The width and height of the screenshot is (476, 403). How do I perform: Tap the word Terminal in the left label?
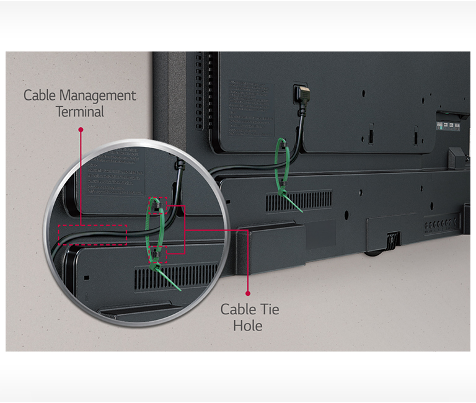tap(80, 112)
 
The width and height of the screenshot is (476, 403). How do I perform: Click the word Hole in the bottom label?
tap(248, 325)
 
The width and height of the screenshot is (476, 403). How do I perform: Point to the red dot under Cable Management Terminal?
tap(80, 130)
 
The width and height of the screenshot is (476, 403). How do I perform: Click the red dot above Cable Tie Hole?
tap(248, 293)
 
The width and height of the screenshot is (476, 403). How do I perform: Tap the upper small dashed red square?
tap(159, 204)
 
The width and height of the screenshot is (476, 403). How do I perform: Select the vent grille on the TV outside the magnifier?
tap(298, 200)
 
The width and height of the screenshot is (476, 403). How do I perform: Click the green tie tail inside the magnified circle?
tap(167, 278)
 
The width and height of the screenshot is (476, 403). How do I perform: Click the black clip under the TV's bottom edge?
tap(391, 239)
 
